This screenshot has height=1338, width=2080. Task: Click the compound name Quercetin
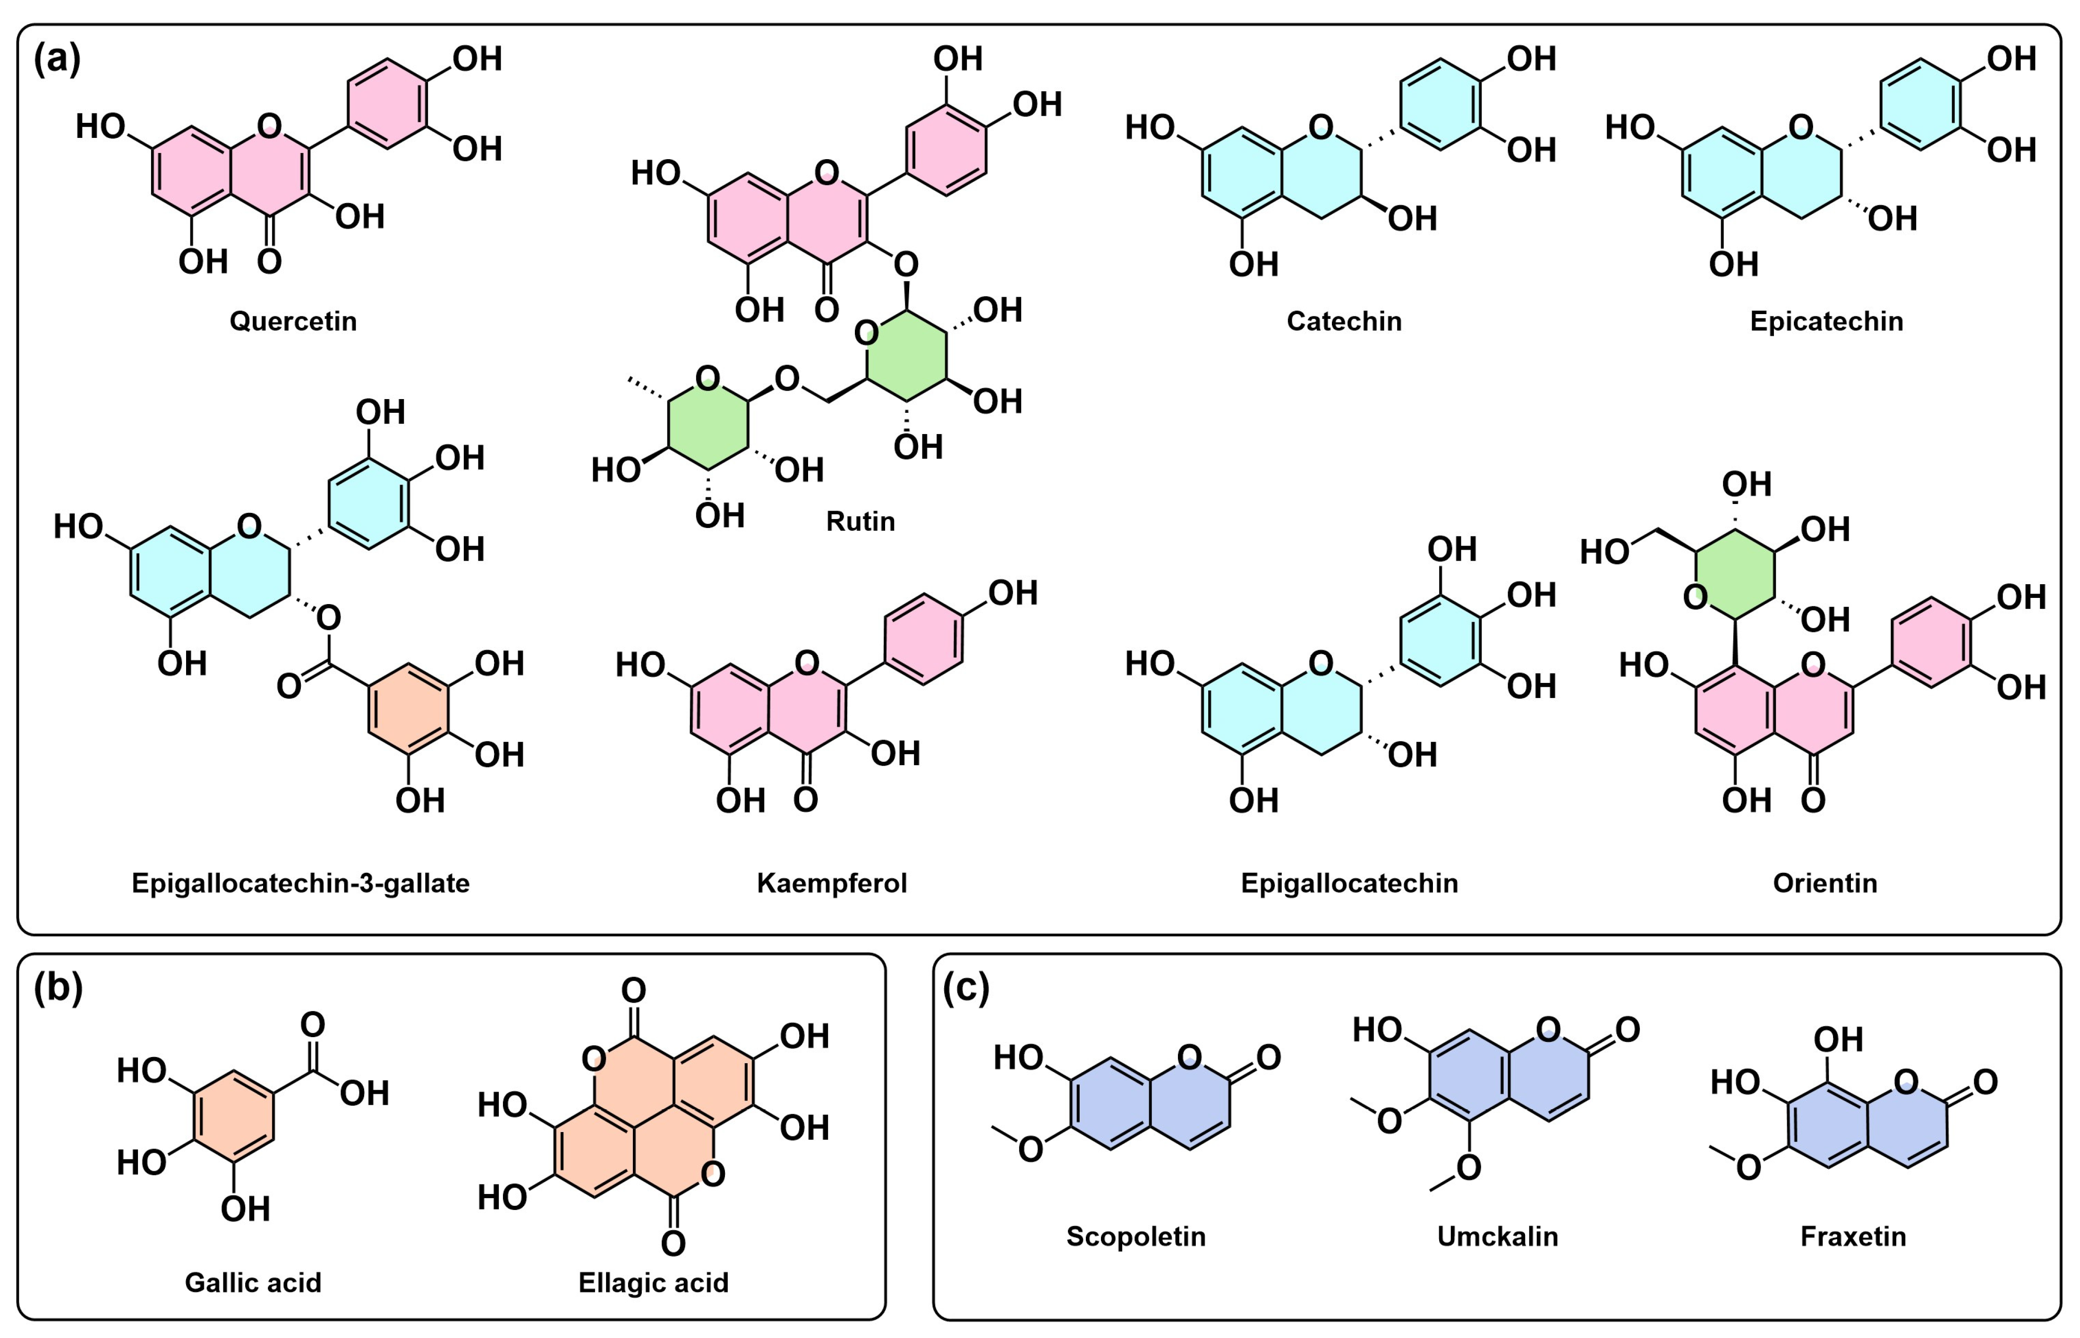(293, 322)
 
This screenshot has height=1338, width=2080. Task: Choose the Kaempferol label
(831, 884)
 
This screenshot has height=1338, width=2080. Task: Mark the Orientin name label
(1824, 884)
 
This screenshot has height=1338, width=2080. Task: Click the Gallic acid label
(253, 1282)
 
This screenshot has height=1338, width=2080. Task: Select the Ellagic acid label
(653, 1282)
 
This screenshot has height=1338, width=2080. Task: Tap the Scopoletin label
(1135, 1236)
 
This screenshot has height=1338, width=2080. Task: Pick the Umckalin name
(1497, 1236)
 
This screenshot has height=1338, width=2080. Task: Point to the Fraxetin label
(1852, 1236)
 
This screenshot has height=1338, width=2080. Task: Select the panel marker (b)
(57, 988)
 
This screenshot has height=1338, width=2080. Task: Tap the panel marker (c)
(965, 988)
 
